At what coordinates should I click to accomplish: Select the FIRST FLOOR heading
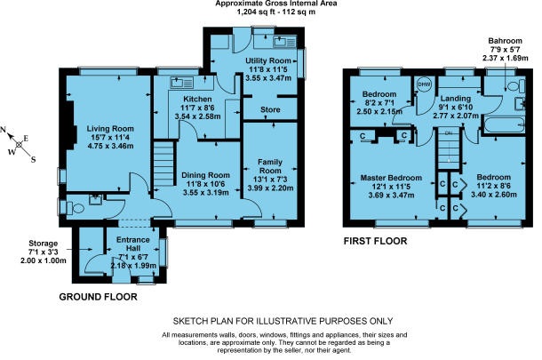click(375, 241)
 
